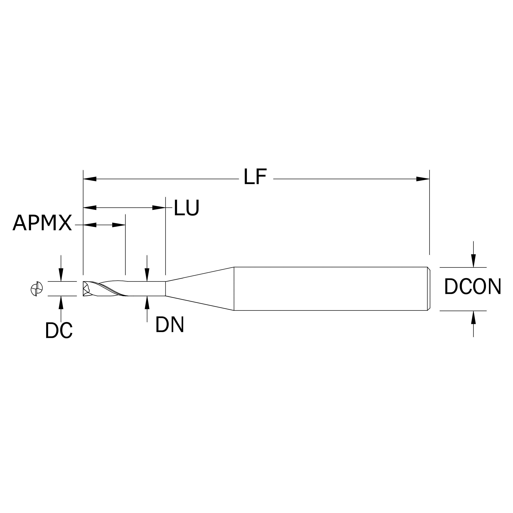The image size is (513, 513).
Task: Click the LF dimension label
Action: (255, 177)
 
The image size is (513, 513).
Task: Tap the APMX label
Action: (42, 223)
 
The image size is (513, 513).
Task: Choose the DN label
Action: (169, 325)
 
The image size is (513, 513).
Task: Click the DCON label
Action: (472, 287)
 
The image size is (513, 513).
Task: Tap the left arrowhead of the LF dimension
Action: (90, 179)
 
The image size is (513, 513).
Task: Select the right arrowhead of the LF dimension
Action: (423, 179)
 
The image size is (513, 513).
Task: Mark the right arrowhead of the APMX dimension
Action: (119, 225)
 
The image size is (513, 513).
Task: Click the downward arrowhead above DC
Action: (61, 275)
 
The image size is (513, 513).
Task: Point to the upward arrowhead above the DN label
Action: (147, 303)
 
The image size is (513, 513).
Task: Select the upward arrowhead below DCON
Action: (473, 318)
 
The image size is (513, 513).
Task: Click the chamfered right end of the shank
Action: (429, 289)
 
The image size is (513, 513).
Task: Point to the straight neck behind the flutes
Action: (147, 289)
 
